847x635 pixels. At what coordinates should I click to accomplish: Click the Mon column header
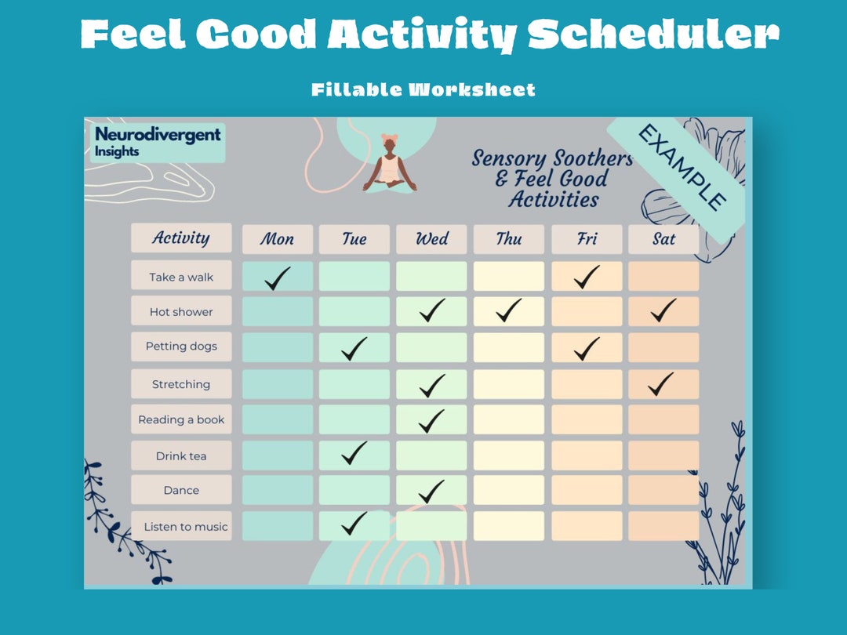coord(277,239)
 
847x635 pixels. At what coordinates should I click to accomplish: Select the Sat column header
coord(663,239)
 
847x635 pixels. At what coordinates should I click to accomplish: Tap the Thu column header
coord(508,239)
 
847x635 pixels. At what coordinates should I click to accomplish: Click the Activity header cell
coord(181,238)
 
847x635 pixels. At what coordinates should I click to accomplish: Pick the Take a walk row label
coord(181,277)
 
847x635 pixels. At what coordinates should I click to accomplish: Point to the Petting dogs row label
coord(181,347)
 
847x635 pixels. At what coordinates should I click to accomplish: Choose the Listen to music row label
coord(185,527)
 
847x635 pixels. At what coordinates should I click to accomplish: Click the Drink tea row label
coord(181,455)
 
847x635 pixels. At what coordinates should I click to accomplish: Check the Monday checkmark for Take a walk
coord(277,278)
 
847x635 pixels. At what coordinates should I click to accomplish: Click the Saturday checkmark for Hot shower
coord(663,310)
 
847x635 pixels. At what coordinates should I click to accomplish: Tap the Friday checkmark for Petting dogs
coord(586,347)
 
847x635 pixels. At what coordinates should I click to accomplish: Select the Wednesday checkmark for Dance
coord(431,492)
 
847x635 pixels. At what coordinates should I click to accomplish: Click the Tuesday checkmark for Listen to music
coord(354,523)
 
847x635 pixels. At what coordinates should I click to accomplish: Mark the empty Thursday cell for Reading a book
coord(508,419)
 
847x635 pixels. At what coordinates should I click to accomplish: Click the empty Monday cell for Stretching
coord(277,384)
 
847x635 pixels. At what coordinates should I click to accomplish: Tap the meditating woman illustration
coord(390,165)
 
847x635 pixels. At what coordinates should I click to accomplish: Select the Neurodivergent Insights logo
coord(158,142)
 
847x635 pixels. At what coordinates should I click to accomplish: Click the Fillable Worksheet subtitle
coord(423,89)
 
